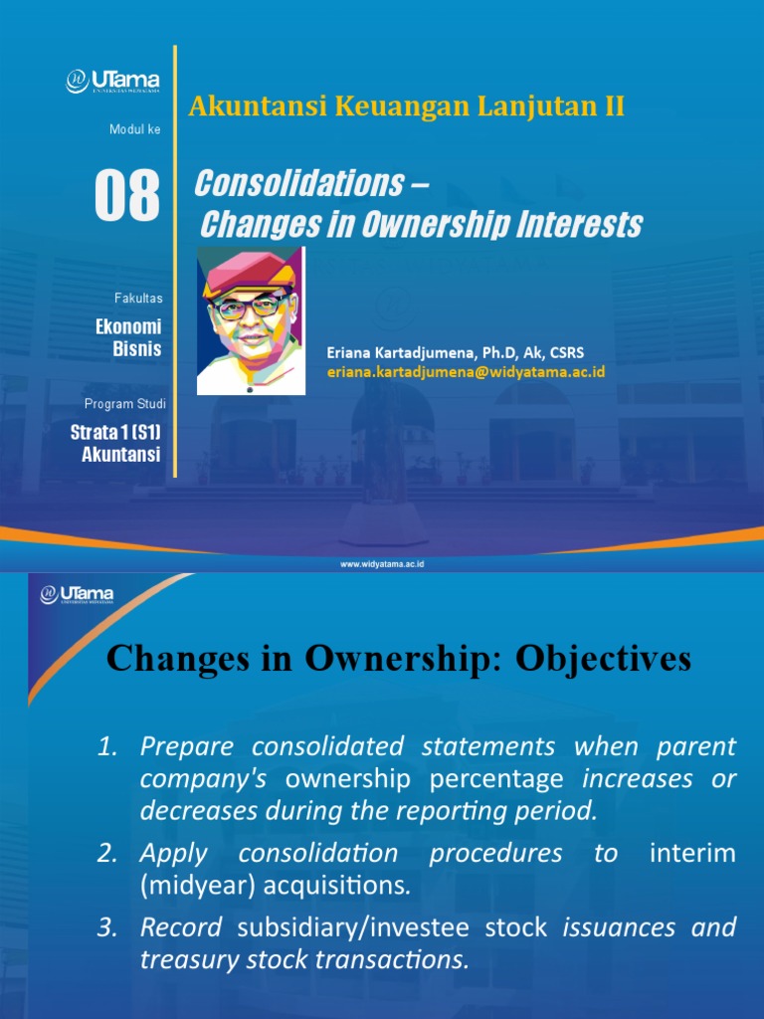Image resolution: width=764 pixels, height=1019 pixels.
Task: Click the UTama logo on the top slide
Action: point(112,80)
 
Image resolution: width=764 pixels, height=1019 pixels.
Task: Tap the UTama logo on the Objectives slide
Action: point(78,595)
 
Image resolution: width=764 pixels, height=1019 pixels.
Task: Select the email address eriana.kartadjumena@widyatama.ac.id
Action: point(466,371)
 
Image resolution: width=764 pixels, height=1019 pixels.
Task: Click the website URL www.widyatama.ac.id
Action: point(383,564)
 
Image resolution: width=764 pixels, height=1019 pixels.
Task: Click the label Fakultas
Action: point(138,298)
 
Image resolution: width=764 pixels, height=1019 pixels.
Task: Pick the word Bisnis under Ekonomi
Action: point(137,348)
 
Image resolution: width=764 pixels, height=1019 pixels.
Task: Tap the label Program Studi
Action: point(125,404)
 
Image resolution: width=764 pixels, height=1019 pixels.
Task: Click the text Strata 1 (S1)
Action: point(115,433)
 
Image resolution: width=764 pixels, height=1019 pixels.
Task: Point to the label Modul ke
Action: point(134,129)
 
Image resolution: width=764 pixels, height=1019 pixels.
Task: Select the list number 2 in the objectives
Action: point(107,853)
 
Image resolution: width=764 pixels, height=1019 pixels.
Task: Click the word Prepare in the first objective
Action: point(188,745)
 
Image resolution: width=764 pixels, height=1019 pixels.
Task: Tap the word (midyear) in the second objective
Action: point(191,884)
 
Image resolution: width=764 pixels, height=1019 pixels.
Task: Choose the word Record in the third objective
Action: point(181,927)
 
